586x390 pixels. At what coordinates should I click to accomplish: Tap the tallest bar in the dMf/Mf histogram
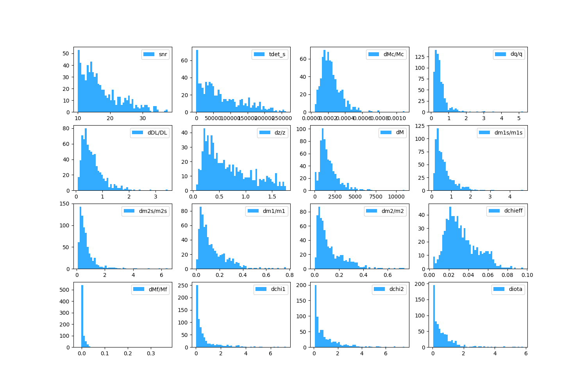(x=82, y=316)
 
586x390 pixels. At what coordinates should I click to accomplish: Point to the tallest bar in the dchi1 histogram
(x=197, y=316)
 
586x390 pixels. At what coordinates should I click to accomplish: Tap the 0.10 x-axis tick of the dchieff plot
(x=527, y=275)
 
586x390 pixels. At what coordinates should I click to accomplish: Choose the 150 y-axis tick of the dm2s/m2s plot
(x=65, y=204)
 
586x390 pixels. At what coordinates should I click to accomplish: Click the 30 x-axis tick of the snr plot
(x=143, y=119)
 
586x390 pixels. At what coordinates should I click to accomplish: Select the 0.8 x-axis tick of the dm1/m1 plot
(x=289, y=275)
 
